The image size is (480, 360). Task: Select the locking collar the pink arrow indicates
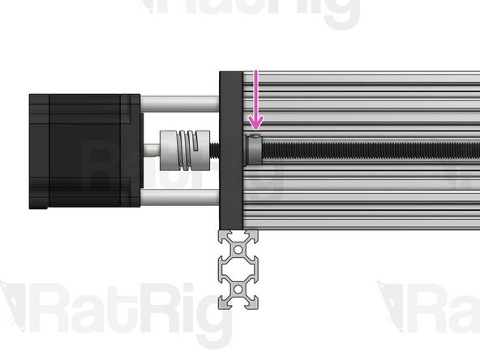(253, 149)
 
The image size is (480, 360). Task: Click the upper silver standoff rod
(180, 103)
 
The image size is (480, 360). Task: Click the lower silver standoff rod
(180, 196)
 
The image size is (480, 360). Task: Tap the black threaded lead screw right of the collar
(365, 149)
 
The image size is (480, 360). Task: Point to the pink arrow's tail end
(255, 73)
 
